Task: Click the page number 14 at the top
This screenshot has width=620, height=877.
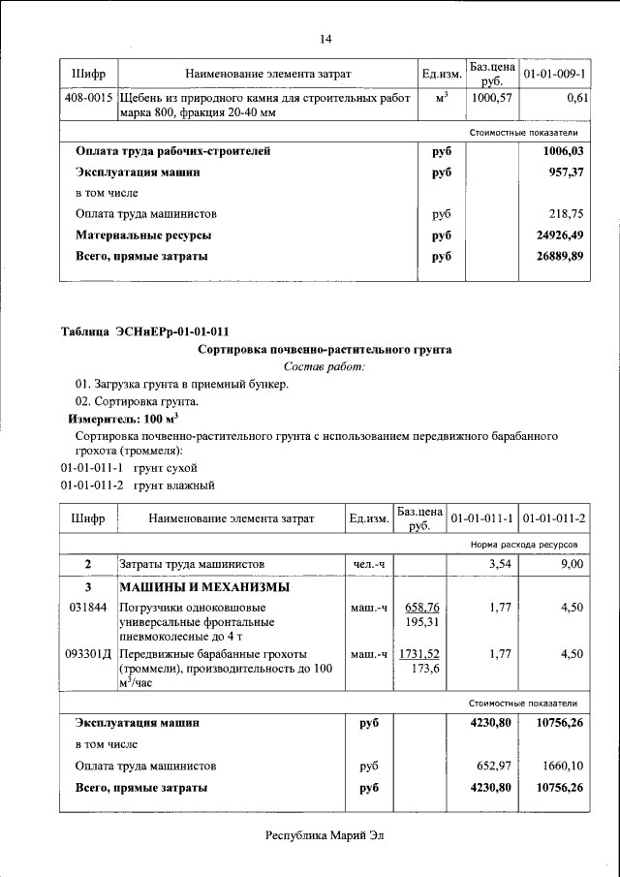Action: click(x=325, y=39)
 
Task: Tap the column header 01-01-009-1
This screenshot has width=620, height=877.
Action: click(x=554, y=74)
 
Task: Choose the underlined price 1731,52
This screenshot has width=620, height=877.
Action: click(x=419, y=653)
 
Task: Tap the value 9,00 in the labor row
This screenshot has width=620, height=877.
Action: click(x=573, y=563)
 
